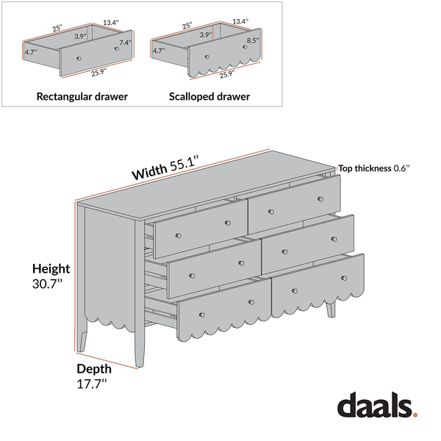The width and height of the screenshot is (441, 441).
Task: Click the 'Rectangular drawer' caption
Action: [82, 96]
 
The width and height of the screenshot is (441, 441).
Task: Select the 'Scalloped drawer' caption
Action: [209, 96]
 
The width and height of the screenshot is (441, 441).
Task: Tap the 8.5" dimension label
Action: [253, 41]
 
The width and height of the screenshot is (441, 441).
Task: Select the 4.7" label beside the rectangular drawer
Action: [30, 53]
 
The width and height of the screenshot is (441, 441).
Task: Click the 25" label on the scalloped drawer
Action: [187, 26]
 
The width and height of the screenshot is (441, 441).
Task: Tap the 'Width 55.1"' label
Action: [165, 168]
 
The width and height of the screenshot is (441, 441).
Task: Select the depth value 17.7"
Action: [92, 384]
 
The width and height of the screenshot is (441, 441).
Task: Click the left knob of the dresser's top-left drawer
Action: [177, 236]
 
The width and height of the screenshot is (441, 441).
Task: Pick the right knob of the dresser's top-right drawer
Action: [320, 198]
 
